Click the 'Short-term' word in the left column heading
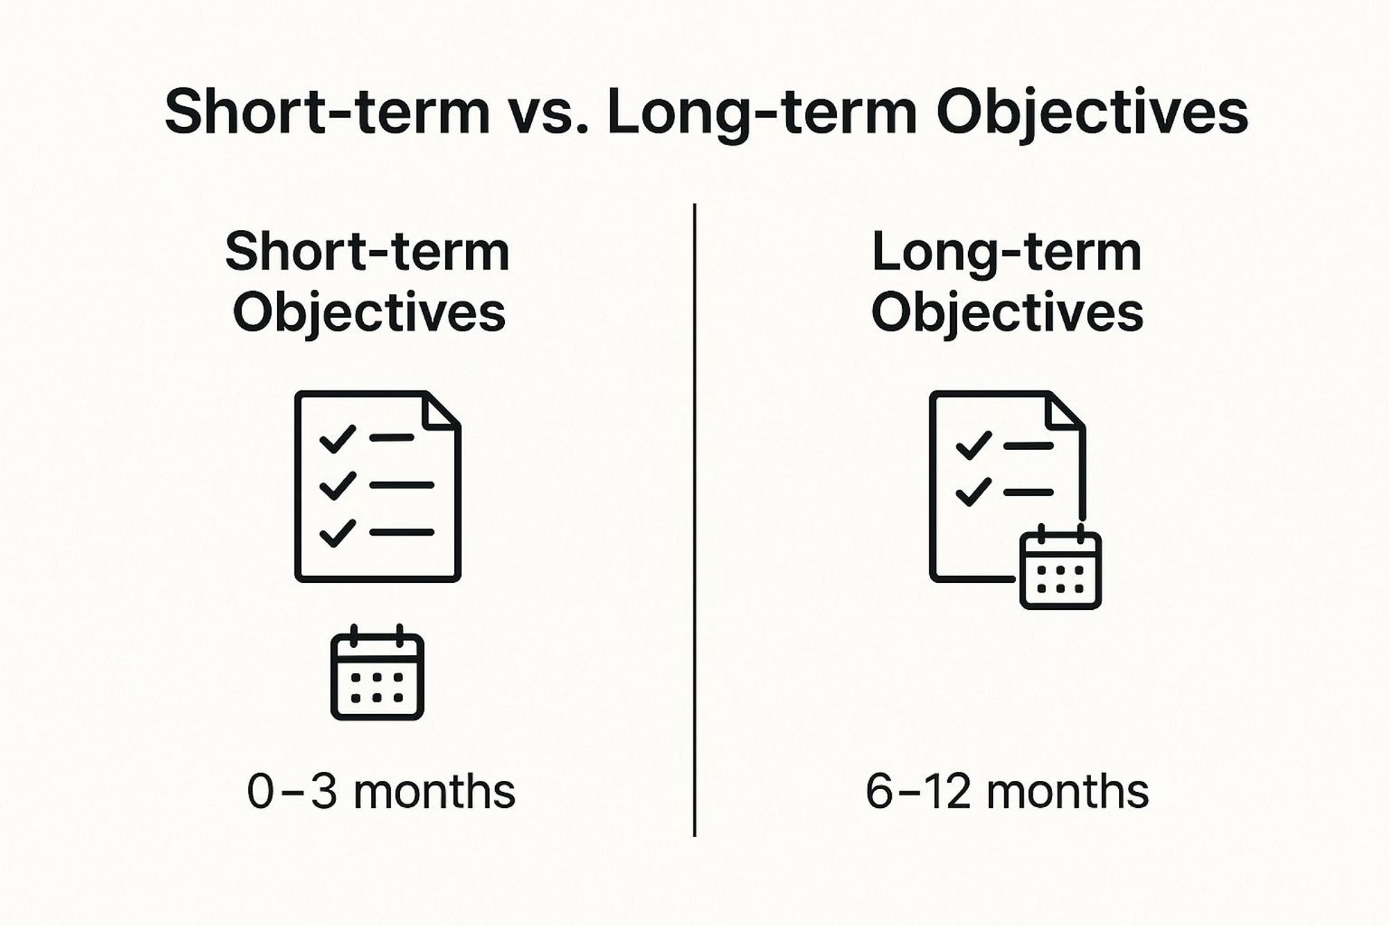coord(368,251)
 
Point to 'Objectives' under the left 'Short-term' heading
coord(369,313)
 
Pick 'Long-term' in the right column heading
coord(1007,253)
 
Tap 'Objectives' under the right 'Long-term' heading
coord(1007,313)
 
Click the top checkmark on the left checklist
coord(337,439)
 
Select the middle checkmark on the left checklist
coord(337,486)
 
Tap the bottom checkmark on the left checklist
coord(337,533)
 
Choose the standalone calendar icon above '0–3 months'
coord(377,672)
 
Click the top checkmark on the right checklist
coord(974,446)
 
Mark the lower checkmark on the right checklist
coord(974,492)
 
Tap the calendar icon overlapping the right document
coord(1061,567)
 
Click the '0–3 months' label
coord(381,792)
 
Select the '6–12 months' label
coord(1007,792)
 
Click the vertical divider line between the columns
coord(694,520)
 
